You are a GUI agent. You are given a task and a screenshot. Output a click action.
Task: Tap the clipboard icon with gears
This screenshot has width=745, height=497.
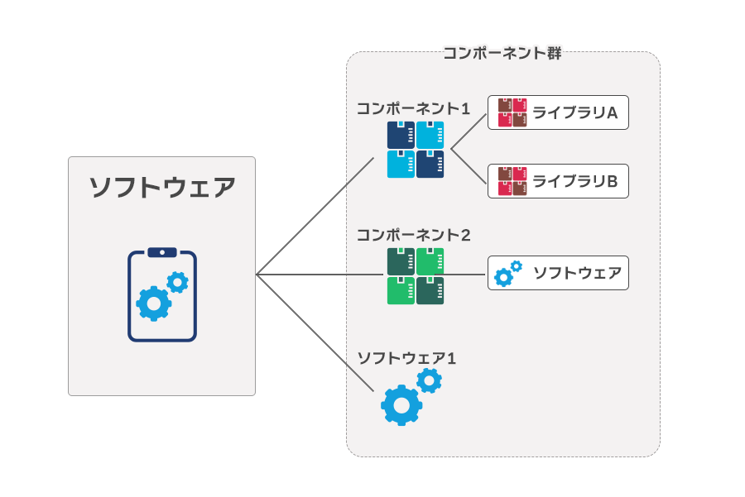pyautogui.click(x=162, y=295)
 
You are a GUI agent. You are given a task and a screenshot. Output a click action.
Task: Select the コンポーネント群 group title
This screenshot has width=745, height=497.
pyautogui.click(x=502, y=54)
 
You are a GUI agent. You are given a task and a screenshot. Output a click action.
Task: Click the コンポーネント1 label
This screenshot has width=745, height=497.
pyautogui.click(x=413, y=108)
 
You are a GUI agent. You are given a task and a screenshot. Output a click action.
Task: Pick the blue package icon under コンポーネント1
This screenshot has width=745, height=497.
pyautogui.click(x=416, y=150)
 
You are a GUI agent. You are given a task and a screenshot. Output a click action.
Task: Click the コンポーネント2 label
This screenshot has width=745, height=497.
pyautogui.click(x=413, y=235)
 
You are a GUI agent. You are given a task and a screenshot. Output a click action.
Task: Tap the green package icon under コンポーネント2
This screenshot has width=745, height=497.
pyautogui.click(x=416, y=276)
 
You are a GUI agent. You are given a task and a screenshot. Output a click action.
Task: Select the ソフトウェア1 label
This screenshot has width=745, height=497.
pyautogui.click(x=406, y=358)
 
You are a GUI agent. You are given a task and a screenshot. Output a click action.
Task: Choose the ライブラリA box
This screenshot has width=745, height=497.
pyautogui.click(x=558, y=113)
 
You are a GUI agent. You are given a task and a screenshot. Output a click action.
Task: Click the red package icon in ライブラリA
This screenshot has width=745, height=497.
pyautogui.click(x=507, y=113)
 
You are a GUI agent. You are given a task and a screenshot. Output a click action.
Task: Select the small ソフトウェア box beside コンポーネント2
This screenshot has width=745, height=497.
pyautogui.click(x=558, y=273)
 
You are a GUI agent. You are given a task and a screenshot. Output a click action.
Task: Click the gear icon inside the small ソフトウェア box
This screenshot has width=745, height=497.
pyautogui.click(x=507, y=273)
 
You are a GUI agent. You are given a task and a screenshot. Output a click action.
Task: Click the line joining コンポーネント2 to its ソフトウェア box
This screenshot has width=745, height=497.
pyautogui.click(x=466, y=275)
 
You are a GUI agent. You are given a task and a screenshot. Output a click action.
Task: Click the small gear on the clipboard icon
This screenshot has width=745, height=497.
pyautogui.click(x=177, y=283)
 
